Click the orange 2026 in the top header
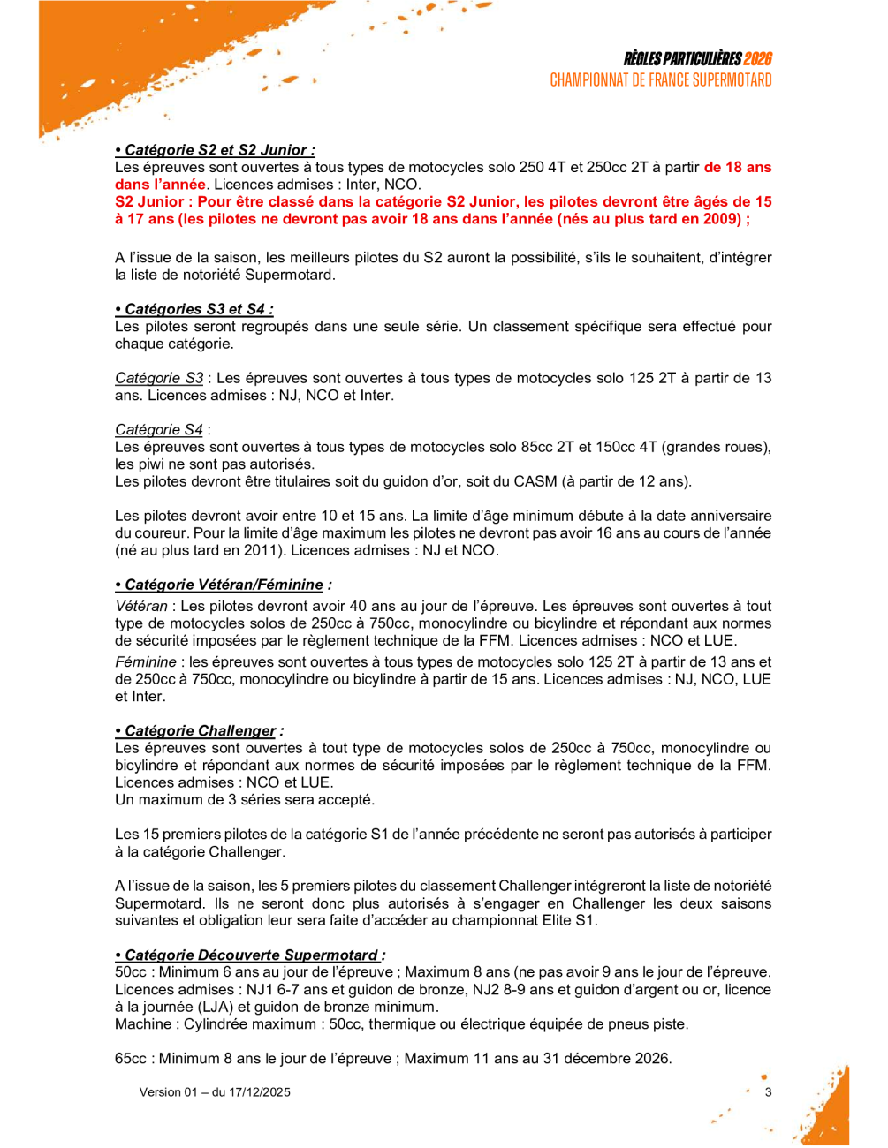pyautogui.click(x=757, y=59)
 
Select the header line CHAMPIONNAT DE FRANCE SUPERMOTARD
pyautogui.click(x=661, y=80)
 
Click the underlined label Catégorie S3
pyautogui.click(x=159, y=378)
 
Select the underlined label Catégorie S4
pyautogui.click(x=159, y=430)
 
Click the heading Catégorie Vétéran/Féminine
pyautogui.click(x=224, y=585)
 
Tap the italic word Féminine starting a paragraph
pyautogui.click(x=146, y=662)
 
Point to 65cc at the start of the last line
pyautogui.click(x=131, y=1059)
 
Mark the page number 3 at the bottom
pyautogui.click(x=768, y=1092)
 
